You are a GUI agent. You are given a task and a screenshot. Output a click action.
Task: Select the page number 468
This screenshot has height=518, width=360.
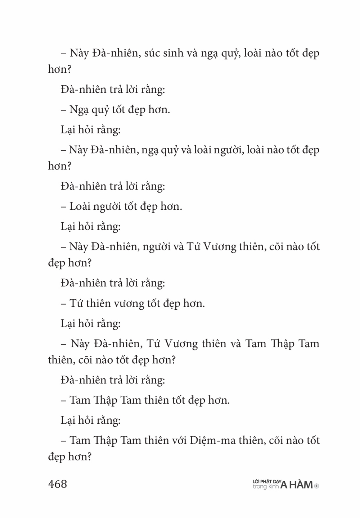coord(58,484)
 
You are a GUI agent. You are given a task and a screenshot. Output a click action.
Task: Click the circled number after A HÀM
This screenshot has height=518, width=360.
coord(317,486)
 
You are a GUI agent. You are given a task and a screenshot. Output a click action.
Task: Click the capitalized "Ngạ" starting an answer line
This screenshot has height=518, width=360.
coord(79,110)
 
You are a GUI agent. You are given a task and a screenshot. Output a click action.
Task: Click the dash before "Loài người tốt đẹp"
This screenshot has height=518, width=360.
coord(64,207)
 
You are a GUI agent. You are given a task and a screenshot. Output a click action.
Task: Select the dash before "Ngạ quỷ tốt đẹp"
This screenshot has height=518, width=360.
coord(64,110)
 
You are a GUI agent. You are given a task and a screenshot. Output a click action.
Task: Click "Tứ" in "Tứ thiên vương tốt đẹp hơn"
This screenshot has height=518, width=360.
coord(76,304)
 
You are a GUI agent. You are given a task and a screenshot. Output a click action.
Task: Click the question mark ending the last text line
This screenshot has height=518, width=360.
coord(89,457)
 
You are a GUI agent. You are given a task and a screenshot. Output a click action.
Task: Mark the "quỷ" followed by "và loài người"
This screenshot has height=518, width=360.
coord(170,150)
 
